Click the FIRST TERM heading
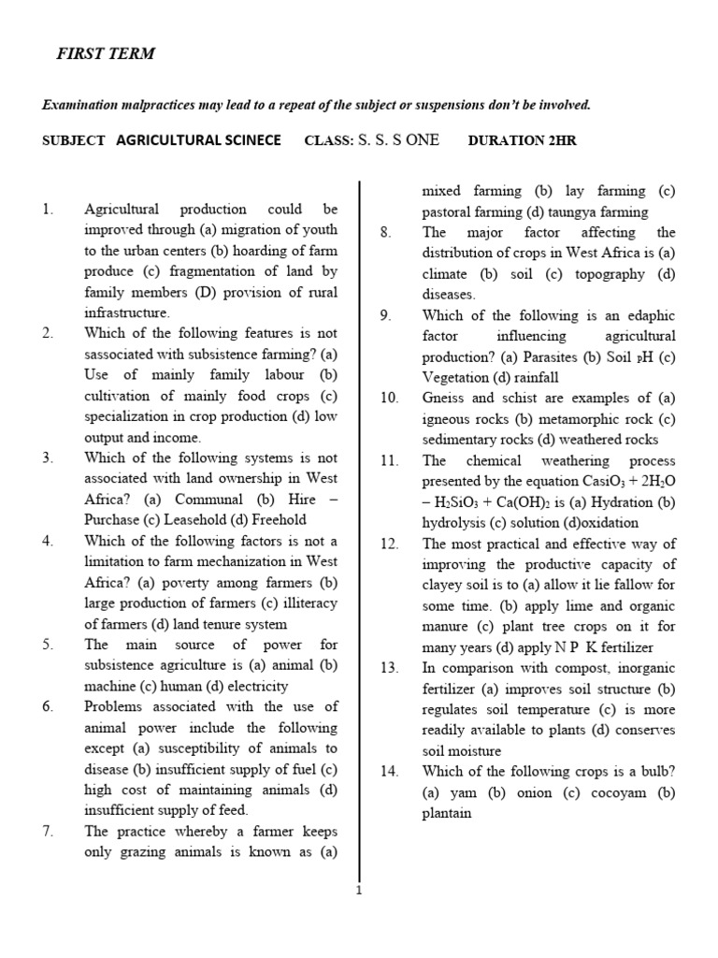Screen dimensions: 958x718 click(105, 54)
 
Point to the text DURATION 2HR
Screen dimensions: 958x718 click(523, 140)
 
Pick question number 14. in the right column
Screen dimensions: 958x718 click(390, 772)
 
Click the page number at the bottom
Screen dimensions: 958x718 click(358, 891)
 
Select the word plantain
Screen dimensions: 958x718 click(447, 813)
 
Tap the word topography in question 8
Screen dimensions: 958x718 click(610, 274)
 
